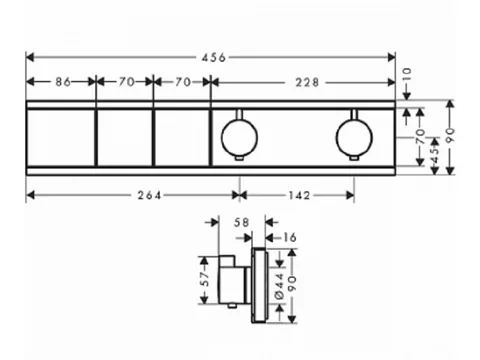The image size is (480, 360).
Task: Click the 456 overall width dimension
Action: (214, 58)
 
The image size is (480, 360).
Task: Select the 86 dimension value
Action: (63, 82)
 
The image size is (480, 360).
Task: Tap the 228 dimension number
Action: (307, 82)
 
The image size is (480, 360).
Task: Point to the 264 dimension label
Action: (149, 195)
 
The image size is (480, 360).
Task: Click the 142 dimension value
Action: (299, 195)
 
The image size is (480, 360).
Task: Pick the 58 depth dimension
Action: (241, 222)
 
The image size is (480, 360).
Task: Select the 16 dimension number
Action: (289, 238)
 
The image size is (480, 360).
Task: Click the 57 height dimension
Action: (206, 279)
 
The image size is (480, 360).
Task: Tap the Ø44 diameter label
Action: (279, 286)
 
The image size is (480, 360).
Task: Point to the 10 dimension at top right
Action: (407, 75)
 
